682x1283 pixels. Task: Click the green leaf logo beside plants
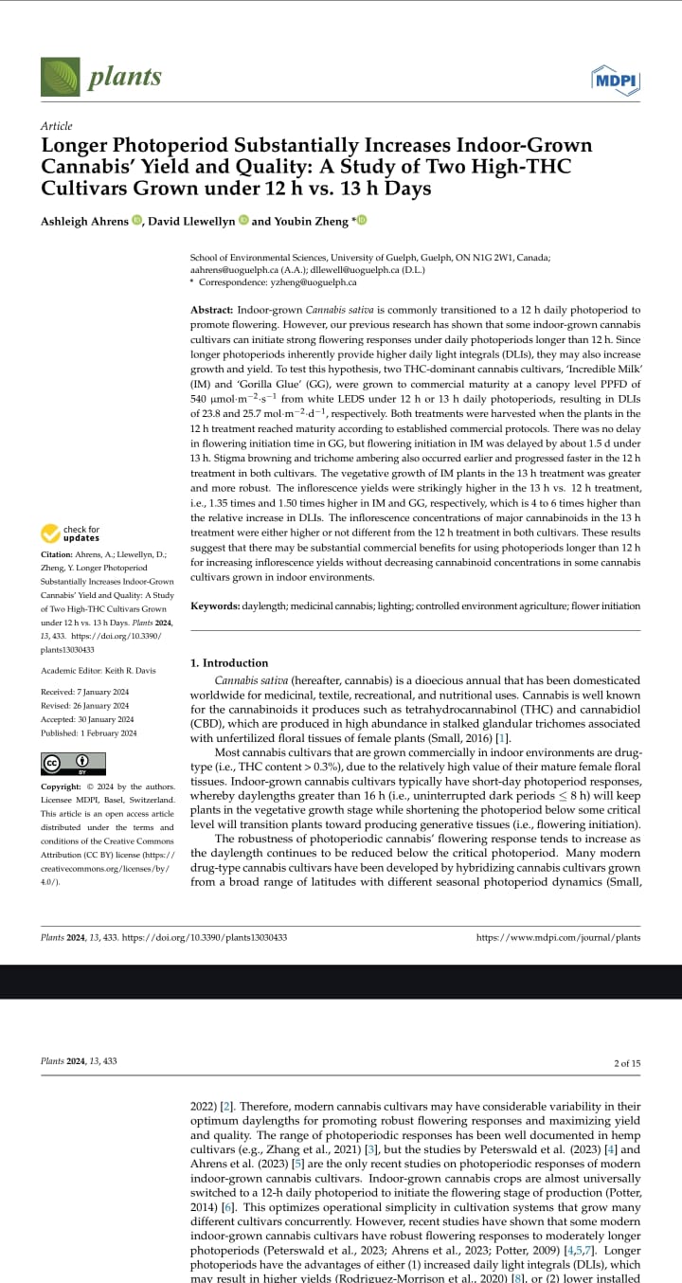(x=60, y=77)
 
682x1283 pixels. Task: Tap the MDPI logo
(x=615, y=80)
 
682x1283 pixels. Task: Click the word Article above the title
(x=56, y=126)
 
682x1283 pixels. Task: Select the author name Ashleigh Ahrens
(x=83, y=221)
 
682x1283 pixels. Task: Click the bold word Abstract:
(x=211, y=310)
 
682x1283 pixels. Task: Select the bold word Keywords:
(x=215, y=605)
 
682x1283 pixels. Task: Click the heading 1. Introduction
(x=229, y=662)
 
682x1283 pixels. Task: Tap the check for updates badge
(x=71, y=533)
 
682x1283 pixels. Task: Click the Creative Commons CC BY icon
(x=73, y=763)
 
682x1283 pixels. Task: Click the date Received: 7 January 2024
(x=84, y=692)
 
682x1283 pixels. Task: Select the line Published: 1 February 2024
(x=88, y=732)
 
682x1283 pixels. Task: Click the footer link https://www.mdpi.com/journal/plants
(x=557, y=937)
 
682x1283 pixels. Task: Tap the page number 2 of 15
(x=627, y=1062)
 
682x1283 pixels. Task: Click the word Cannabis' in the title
(x=86, y=167)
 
